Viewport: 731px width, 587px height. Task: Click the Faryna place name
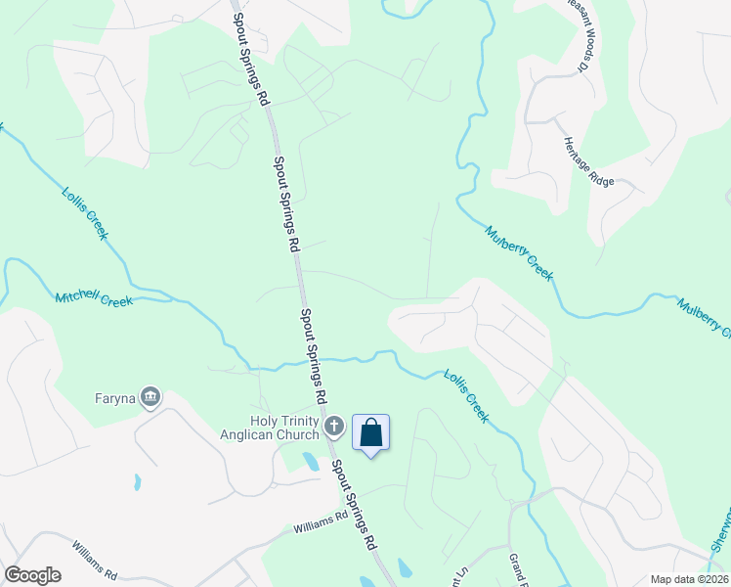click(x=114, y=398)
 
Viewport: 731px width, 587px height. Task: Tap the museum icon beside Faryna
click(x=150, y=396)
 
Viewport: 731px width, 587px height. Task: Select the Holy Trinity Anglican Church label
click(x=285, y=428)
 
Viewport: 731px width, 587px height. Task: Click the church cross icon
click(x=334, y=426)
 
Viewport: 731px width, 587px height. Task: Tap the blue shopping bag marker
click(x=371, y=431)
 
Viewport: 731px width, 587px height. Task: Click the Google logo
click(x=32, y=575)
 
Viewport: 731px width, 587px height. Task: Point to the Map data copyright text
click(x=690, y=579)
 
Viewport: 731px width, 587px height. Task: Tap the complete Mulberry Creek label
click(x=519, y=253)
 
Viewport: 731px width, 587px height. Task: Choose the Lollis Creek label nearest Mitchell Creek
click(x=86, y=214)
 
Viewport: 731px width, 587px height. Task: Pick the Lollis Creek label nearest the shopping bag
click(x=465, y=394)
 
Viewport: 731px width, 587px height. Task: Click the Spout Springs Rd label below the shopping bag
click(x=354, y=502)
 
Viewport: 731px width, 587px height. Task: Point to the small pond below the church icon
click(x=312, y=462)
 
